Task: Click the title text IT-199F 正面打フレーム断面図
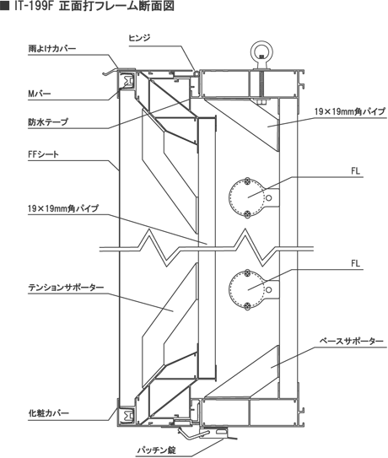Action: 94,6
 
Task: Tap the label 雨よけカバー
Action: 52,48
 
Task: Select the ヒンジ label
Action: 139,38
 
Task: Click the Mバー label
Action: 40,94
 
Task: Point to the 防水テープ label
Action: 48,121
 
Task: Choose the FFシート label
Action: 44,154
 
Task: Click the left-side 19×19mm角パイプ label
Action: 63,208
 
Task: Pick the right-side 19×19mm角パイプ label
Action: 350,111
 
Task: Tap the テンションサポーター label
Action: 66,288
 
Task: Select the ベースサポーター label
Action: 351,341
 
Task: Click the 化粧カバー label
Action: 49,413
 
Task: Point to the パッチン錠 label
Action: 157,450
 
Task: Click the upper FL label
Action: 356,171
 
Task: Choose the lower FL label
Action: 356,263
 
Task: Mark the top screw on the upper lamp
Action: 248,181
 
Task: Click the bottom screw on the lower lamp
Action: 248,306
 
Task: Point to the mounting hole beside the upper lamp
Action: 269,197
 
